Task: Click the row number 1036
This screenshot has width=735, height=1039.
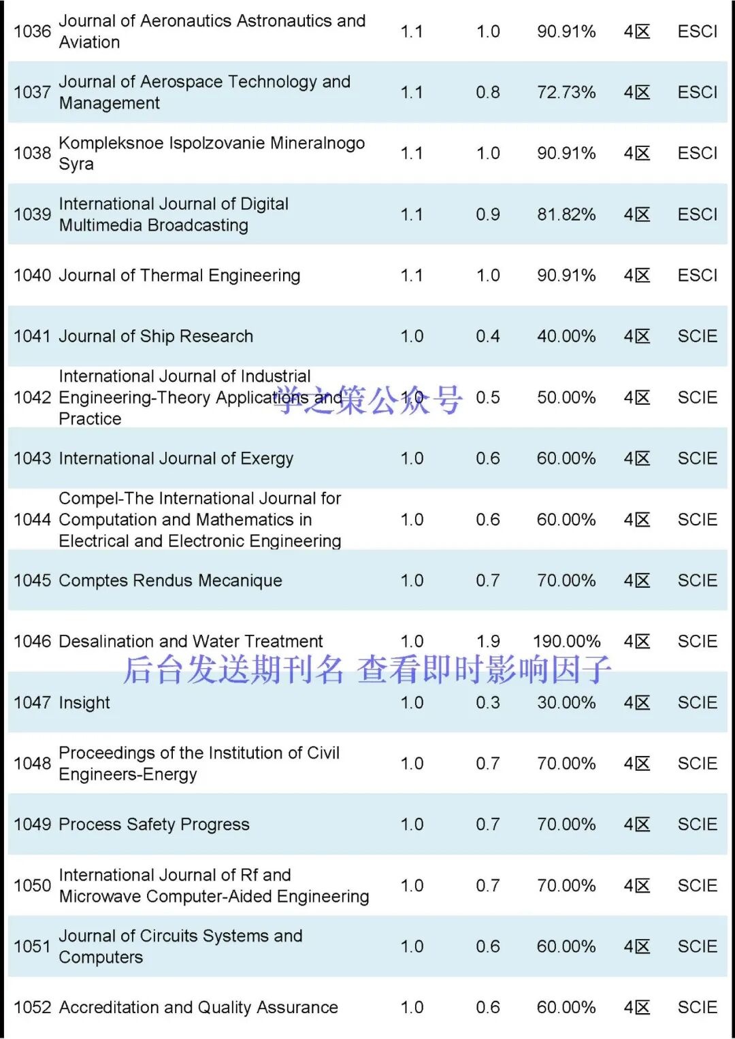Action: (x=32, y=31)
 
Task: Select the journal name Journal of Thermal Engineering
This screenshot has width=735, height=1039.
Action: (x=179, y=276)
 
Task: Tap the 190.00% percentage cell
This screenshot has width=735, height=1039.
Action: (x=566, y=642)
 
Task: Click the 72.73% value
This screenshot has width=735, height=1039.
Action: (x=566, y=93)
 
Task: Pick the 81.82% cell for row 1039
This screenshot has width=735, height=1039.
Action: (x=566, y=214)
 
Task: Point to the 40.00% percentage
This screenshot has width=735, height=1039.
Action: (x=566, y=336)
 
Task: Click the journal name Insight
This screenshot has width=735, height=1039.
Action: (x=84, y=703)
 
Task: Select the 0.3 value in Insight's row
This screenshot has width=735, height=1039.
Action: (x=487, y=703)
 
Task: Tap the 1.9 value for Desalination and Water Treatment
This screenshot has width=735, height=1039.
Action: (x=488, y=642)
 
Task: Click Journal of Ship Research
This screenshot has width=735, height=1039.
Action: (x=156, y=336)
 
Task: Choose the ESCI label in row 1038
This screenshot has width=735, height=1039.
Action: (x=697, y=153)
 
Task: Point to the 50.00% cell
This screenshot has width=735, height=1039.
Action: (x=566, y=397)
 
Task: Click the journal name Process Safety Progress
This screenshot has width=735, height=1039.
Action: (x=154, y=825)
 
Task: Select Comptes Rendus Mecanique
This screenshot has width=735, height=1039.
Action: (x=170, y=580)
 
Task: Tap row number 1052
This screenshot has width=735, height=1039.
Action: (x=32, y=1008)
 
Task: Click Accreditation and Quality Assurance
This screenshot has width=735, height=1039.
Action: (x=198, y=1008)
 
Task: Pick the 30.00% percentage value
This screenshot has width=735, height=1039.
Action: (x=566, y=703)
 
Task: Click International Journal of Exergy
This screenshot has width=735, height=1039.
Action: (x=176, y=459)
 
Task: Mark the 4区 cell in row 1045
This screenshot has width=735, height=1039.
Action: (x=636, y=580)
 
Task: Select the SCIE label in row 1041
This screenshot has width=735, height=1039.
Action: (x=697, y=336)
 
